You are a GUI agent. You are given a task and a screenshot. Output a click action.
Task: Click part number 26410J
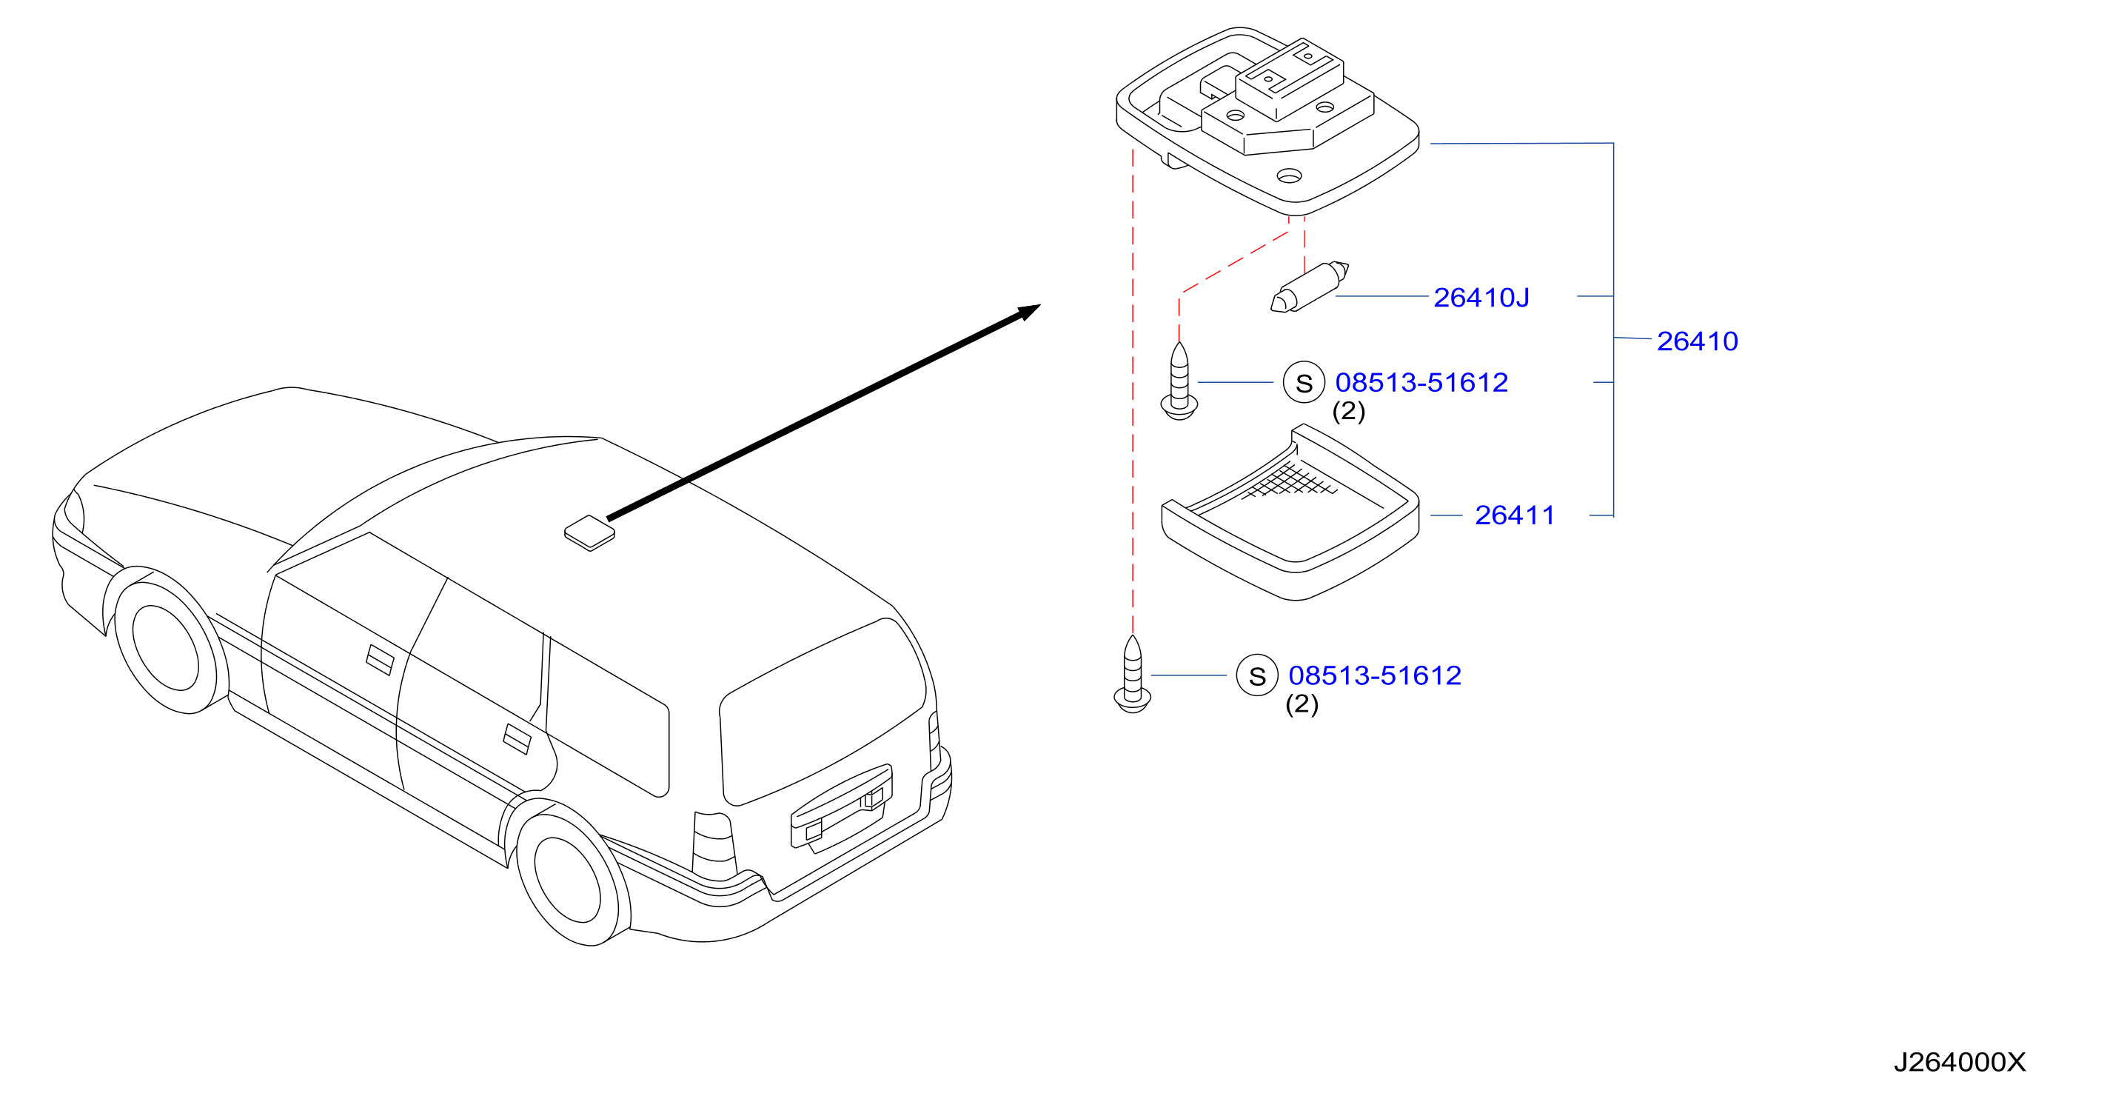click(1481, 298)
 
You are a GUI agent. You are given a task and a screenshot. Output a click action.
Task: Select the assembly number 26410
click(1697, 341)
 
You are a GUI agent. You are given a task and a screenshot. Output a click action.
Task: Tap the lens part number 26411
click(1514, 515)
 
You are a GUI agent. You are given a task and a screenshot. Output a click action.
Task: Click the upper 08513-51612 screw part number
click(1421, 382)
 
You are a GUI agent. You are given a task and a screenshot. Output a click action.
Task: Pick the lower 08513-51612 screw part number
click(1375, 675)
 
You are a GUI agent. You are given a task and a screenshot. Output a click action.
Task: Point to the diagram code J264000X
click(1960, 1062)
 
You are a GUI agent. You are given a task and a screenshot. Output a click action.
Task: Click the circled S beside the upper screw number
click(1304, 382)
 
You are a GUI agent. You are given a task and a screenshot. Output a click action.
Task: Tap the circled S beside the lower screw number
click(1257, 676)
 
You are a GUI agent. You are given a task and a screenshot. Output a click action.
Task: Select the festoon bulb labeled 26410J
click(1310, 287)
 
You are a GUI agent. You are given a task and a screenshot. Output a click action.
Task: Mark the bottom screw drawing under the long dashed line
click(1133, 675)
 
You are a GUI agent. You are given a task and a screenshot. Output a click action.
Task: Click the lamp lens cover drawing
click(1290, 512)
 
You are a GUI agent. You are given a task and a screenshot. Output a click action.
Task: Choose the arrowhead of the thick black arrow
click(1030, 312)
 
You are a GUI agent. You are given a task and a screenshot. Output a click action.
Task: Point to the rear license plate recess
click(841, 806)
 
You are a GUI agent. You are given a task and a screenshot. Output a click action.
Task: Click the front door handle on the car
click(380, 660)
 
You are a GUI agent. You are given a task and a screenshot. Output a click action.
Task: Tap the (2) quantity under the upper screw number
click(1349, 411)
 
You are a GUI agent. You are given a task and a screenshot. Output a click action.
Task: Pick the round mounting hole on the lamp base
click(1289, 176)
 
